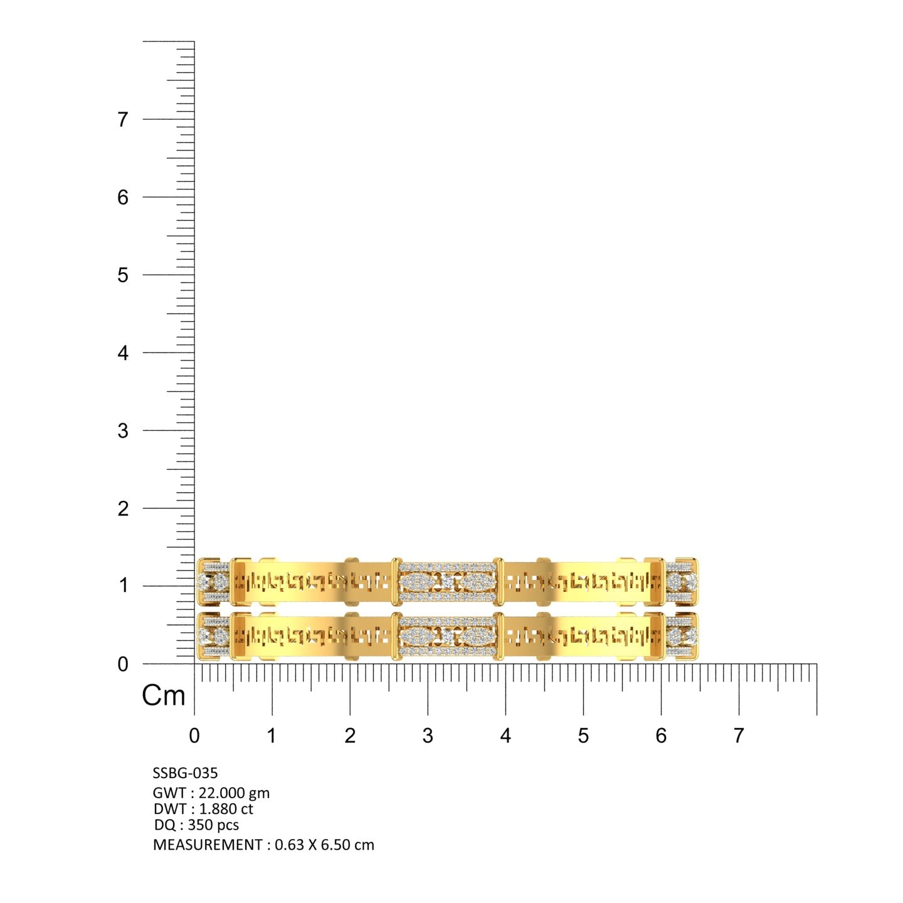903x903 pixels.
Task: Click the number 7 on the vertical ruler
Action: (x=123, y=120)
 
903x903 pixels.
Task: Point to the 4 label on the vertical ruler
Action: (x=123, y=353)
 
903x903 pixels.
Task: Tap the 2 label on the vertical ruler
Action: (x=123, y=509)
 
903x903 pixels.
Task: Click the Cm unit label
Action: (x=164, y=695)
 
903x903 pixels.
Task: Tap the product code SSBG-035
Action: (x=185, y=773)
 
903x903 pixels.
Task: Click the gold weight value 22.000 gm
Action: (x=234, y=793)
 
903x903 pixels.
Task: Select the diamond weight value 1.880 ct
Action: (x=226, y=809)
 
